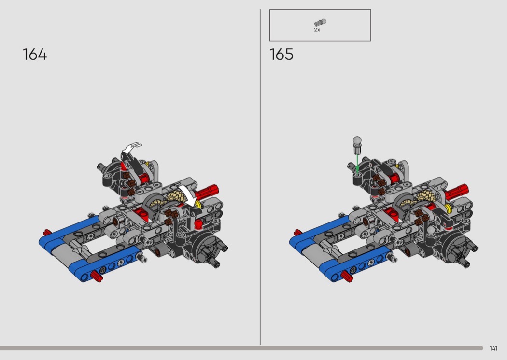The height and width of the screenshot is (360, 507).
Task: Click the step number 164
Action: point(35,55)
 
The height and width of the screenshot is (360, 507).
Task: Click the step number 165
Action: point(282,55)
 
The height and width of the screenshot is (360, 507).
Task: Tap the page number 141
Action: point(493,348)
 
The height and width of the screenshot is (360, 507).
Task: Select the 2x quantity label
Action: point(317,30)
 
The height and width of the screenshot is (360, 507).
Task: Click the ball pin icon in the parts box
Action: point(320,22)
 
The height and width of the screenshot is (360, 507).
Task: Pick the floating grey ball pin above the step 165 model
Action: point(357,145)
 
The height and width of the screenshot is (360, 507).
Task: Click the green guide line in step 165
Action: point(357,164)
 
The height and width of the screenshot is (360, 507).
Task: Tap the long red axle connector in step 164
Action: point(207,192)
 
